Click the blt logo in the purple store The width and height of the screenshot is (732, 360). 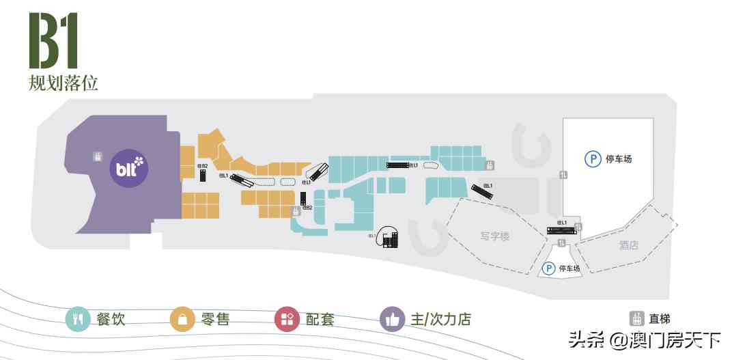[130, 166]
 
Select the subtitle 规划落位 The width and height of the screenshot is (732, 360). [64, 83]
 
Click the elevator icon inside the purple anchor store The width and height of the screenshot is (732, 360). [98, 156]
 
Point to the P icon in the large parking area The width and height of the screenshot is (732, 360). [592, 158]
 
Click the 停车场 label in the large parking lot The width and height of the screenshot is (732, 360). [619, 159]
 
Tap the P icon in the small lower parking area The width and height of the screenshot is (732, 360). [548, 268]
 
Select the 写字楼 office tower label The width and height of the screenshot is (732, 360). [495, 236]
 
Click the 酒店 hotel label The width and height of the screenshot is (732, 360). [628, 245]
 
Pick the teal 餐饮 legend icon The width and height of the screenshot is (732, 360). [77, 319]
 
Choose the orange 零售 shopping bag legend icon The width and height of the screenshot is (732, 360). [182, 319]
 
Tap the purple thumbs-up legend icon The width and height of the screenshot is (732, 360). [392, 319]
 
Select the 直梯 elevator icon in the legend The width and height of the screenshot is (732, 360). [636, 318]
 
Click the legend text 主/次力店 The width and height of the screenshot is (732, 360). [440, 319]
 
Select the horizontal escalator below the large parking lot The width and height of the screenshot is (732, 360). [561, 231]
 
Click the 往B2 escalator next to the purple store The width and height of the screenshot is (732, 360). [203, 175]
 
